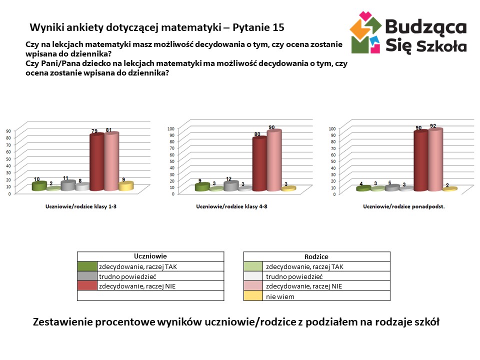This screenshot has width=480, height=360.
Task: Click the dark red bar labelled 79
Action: pos(96,162)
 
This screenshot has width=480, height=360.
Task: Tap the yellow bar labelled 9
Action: pos(125,186)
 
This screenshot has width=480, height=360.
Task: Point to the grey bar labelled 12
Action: pos(230,186)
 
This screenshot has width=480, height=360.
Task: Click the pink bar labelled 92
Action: pos(435,159)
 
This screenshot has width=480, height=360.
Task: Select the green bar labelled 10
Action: pos(39,186)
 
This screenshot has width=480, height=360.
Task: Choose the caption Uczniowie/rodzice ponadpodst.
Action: pos(403,206)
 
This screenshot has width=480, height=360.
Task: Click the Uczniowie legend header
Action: pos(150,256)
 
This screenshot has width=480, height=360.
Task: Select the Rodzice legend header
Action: pos(316,256)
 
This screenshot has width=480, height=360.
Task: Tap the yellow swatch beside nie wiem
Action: pos(253,296)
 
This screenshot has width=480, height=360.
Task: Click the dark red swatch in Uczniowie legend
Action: pos(86,286)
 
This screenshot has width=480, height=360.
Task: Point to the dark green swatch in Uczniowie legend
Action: pos(86,266)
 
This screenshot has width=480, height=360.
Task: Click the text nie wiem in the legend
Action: pos(280,296)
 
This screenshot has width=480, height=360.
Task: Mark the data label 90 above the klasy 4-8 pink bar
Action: pos(271,127)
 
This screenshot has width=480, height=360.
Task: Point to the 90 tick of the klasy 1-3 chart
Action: pos(8,131)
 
